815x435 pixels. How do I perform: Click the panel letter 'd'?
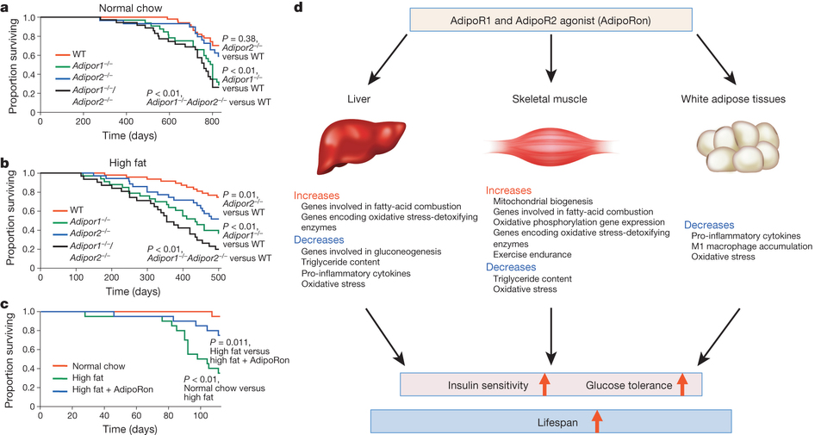click(x=298, y=8)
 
